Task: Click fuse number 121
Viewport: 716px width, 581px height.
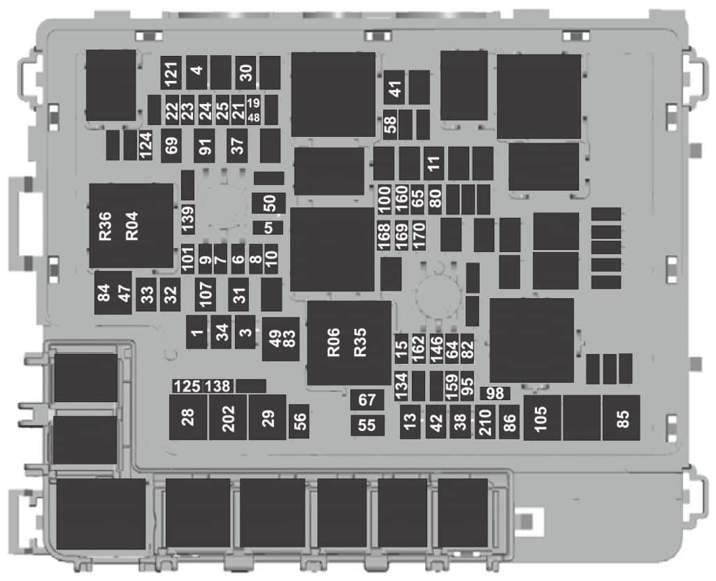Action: (171, 73)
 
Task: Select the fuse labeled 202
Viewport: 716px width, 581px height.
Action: (228, 418)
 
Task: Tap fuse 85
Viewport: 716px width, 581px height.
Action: (622, 418)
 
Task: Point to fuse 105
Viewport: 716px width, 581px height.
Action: (542, 418)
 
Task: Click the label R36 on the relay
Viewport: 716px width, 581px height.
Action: (105, 226)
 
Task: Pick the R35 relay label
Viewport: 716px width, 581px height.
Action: (360, 342)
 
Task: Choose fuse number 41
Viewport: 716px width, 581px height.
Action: (394, 87)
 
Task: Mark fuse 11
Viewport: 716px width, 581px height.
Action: (434, 163)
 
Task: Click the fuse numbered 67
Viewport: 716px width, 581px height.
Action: (367, 400)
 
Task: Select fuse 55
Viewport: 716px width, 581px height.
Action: (367, 425)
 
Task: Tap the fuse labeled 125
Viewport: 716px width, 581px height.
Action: (187, 386)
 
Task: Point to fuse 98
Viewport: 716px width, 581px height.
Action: (496, 393)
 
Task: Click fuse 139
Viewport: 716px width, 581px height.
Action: (187, 219)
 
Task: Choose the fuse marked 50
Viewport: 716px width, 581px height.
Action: (269, 203)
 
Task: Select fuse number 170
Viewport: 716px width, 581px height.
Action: (419, 235)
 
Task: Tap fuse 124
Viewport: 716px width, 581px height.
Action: (145, 145)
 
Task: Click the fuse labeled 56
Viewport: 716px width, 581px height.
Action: (299, 421)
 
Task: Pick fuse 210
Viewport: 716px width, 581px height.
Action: (485, 422)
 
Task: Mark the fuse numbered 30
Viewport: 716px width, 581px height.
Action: (245, 73)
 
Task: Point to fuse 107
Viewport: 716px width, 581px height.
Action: (205, 294)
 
